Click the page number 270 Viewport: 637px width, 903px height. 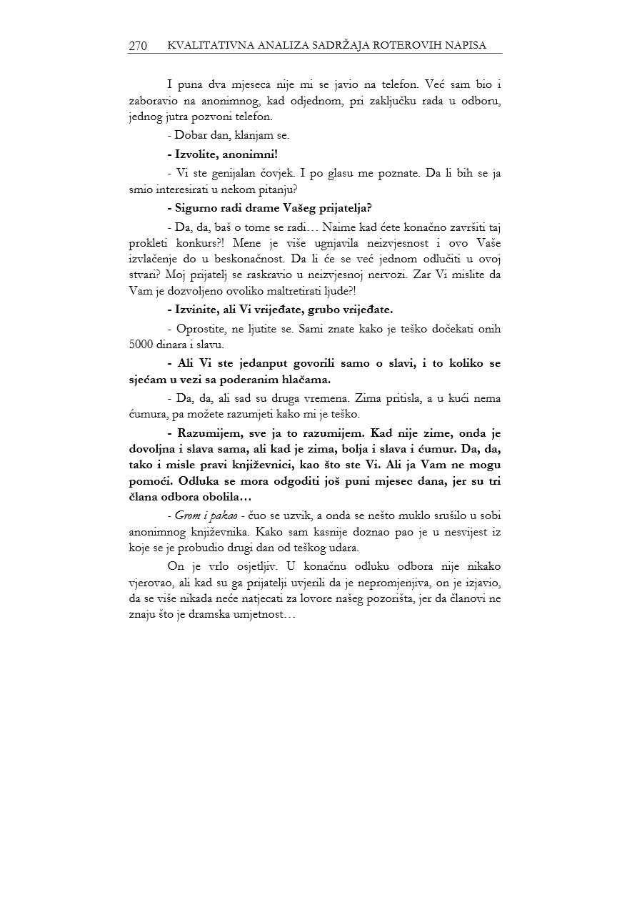pos(138,46)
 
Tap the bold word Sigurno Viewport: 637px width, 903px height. pos(198,209)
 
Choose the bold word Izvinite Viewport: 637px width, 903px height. pos(196,310)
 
